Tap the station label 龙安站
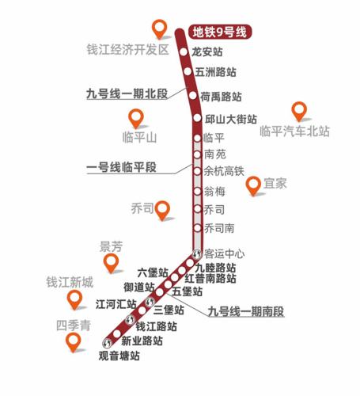point(208,52)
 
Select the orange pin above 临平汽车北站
point(298,112)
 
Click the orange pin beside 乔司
point(164,210)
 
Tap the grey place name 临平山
point(141,138)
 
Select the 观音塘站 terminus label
point(121,356)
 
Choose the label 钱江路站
point(157,326)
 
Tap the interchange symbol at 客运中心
point(198,254)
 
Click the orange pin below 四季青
point(74,343)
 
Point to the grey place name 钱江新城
point(70,282)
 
